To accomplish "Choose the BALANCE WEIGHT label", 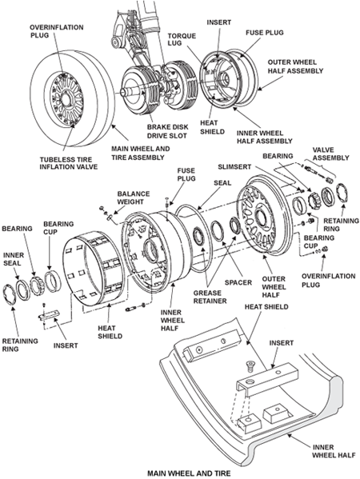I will tap(134, 198).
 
